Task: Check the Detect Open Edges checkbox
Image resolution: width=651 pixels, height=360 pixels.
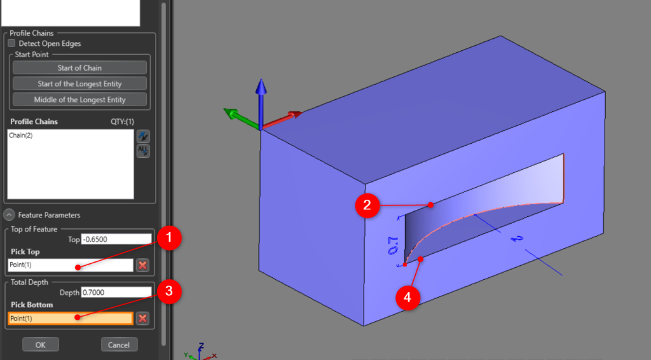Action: (11, 44)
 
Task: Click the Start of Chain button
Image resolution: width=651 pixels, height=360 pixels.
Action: (79, 68)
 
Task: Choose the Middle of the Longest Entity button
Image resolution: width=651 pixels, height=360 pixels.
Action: (79, 100)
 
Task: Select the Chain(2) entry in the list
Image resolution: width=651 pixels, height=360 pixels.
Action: (21, 135)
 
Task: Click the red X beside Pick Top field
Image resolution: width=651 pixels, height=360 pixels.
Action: (143, 265)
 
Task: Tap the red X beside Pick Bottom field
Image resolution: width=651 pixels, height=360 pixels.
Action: (143, 318)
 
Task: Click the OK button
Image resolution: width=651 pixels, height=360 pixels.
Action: (41, 345)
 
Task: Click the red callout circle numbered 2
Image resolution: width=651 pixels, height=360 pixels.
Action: (367, 204)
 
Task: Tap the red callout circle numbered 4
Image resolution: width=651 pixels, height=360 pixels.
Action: (407, 296)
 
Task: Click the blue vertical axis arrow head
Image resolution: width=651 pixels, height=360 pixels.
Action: (261, 86)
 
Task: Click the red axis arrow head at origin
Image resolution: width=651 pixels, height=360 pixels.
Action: (295, 114)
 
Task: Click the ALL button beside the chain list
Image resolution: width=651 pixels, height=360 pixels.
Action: (143, 151)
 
